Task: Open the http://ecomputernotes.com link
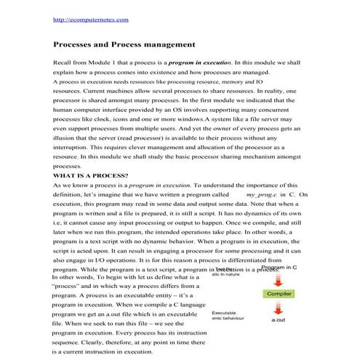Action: pyautogui.click(x=86, y=19)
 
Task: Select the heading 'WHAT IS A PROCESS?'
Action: pyautogui.click(x=91, y=175)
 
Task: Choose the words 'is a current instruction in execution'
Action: pyautogui.click(x=102, y=351)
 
